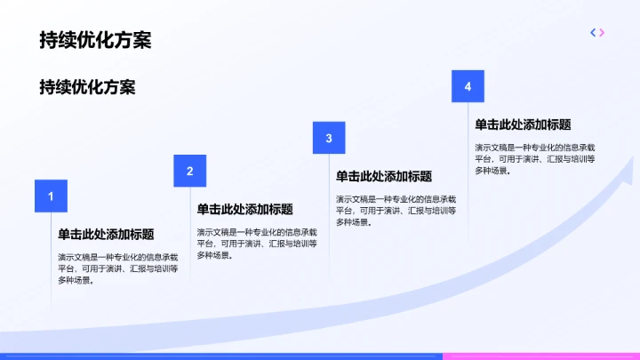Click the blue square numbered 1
point(51,196)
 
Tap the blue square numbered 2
point(189,171)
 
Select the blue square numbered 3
point(329,138)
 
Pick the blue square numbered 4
point(468,86)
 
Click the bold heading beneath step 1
point(106,236)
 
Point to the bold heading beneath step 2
point(244,210)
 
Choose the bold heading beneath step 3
point(384,177)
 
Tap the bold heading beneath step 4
point(523,125)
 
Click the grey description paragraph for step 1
point(118,268)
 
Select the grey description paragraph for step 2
point(257,243)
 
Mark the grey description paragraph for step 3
point(396,210)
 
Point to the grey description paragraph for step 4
point(535,158)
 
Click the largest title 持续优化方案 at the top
point(94,40)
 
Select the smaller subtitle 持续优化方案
point(87,87)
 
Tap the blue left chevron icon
point(593,33)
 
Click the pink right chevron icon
point(602,33)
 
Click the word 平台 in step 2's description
point(205,243)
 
